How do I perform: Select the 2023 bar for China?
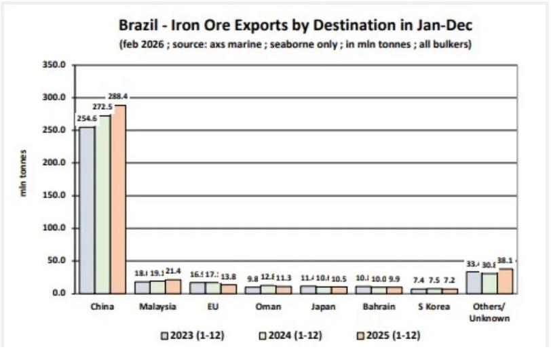(87, 209)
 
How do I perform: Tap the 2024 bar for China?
(102, 204)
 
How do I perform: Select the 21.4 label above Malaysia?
(174, 271)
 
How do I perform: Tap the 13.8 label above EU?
(229, 276)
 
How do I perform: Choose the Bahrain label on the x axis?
(379, 306)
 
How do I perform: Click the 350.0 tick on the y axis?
(54, 65)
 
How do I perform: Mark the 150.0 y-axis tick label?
(54, 195)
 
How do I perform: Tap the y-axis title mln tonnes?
(23, 173)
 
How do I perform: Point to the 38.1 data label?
(507, 261)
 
